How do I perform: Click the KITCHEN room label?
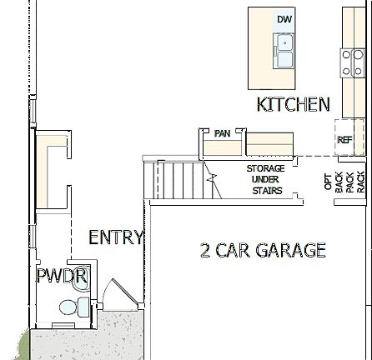293,104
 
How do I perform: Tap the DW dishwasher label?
284,17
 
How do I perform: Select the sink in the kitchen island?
284,51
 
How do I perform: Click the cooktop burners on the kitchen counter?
352,63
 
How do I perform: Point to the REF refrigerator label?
344,141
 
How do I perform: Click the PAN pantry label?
222,133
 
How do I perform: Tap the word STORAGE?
265,168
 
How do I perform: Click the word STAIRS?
267,191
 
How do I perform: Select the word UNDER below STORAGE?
265,179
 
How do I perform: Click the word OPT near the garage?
327,182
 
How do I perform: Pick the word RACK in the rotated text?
359,182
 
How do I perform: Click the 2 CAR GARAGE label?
262,250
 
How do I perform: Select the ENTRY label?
116,237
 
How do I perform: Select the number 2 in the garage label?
205,250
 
